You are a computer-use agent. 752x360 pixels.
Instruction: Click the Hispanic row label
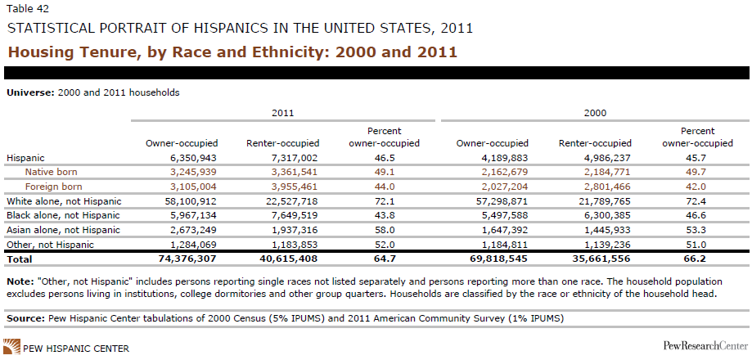(25, 157)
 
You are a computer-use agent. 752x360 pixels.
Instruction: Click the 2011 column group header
(282, 113)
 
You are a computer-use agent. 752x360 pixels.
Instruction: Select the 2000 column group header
(595, 113)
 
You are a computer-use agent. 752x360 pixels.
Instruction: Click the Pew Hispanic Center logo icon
(12, 346)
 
